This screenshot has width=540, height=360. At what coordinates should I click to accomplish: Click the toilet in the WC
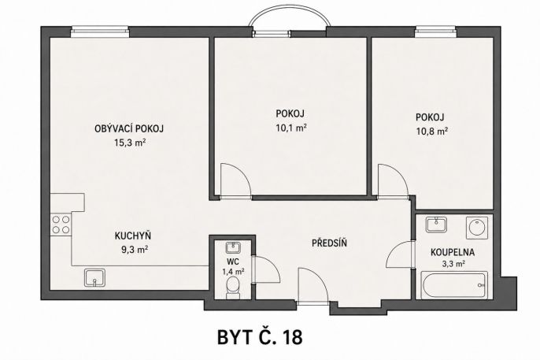pyautogui.click(x=232, y=288)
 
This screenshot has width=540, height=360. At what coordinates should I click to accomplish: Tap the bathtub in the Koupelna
pyautogui.click(x=455, y=285)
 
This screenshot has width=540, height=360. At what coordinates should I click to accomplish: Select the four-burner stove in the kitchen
pyautogui.click(x=61, y=225)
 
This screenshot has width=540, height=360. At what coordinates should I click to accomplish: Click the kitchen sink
pyautogui.click(x=95, y=277)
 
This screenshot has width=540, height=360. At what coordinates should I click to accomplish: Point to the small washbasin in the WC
pyautogui.click(x=234, y=247)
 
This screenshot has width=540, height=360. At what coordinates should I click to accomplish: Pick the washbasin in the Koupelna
pyautogui.click(x=436, y=225)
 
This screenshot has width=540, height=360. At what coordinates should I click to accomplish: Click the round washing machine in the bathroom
pyautogui.click(x=477, y=228)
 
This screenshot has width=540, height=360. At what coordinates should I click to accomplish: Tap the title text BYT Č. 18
pyautogui.click(x=260, y=337)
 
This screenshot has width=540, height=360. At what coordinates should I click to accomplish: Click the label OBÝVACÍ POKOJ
pyautogui.click(x=129, y=128)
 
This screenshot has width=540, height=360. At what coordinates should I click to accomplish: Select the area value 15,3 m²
pyautogui.click(x=129, y=143)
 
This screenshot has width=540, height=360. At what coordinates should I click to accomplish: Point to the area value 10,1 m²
pyautogui.click(x=291, y=128)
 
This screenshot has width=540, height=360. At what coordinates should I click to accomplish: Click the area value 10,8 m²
pyautogui.click(x=432, y=132)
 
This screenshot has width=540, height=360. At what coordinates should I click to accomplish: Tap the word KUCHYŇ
pyautogui.click(x=133, y=236)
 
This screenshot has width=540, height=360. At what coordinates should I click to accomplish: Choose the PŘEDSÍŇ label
pyautogui.click(x=329, y=243)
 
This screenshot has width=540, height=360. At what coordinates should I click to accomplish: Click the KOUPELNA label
pyautogui.click(x=453, y=252)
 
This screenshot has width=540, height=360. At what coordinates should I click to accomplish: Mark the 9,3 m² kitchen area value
pyautogui.click(x=135, y=250)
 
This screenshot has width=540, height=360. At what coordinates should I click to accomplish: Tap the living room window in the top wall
pyautogui.click(x=100, y=32)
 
